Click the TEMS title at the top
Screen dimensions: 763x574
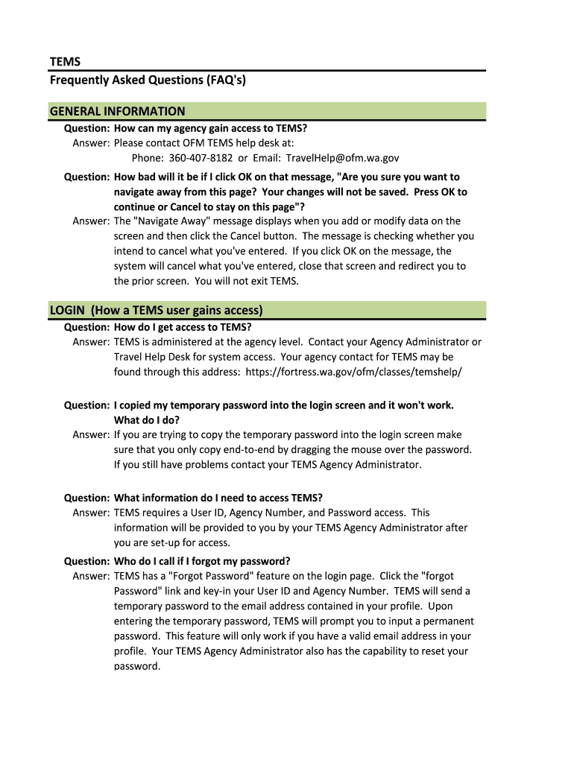pyautogui.click(x=65, y=60)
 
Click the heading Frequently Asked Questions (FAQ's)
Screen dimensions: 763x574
pyautogui.click(x=148, y=80)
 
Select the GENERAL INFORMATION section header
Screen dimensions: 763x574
pyautogui.click(x=117, y=112)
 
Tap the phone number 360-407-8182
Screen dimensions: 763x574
pyautogui.click(x=201, y=158)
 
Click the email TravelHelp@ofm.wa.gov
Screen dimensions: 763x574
pyautogui.click(x=343, y=158)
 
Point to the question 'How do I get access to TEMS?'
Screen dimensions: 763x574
pyautogui.click(x=183, y=327)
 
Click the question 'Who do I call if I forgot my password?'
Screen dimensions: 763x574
pyautogui.click(x=202, y=561)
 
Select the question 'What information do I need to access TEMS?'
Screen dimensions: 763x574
pyautogui.click(x=218, y=498)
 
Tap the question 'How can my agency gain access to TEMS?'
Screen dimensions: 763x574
pyautogui.click(x=210, y=128)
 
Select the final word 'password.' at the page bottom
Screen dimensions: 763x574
pyautogui.click(x=137, y=666)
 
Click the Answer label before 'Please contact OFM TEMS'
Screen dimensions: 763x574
pyautogui.click(x=91, y=143)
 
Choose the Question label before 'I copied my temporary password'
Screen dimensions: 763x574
pyautogui.click(x=86, y=405)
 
